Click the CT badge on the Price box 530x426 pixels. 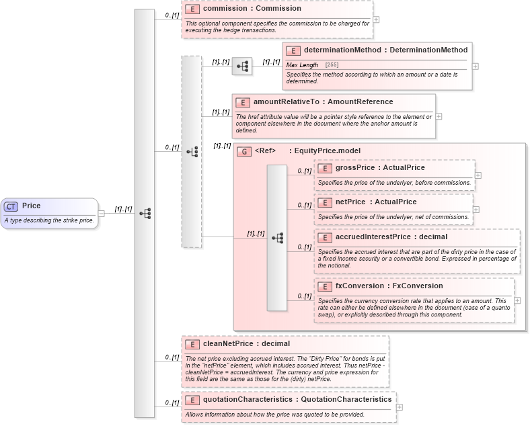(x=11, y=206)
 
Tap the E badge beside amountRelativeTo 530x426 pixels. (x=243, y=102)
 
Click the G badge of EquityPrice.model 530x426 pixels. (x=244, y=151)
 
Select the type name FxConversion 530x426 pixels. (x=418, y=286)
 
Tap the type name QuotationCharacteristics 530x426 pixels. (x=346, y=399)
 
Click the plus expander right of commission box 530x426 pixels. (x=376, y=19)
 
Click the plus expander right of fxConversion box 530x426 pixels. (x=517, y=300)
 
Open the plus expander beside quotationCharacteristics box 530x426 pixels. (x=400, y=407)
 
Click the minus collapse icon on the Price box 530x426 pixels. (x=102, y=214)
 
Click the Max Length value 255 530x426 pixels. (x=332, y=65)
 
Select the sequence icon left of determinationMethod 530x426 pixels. (x=242, y=66)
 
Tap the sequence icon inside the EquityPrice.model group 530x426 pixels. (x=277, y=238)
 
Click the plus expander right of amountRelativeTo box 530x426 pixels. (x=439, y=116)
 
